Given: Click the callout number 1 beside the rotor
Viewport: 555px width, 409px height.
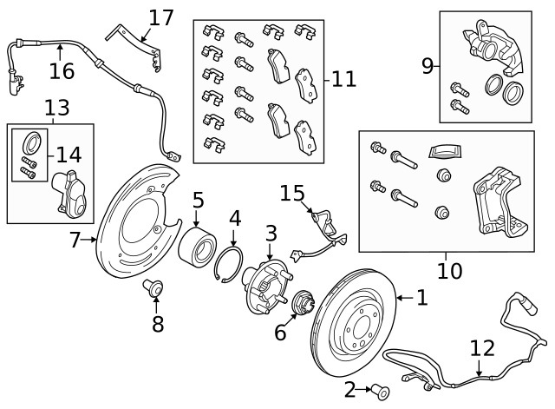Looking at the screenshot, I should tap(421, 299).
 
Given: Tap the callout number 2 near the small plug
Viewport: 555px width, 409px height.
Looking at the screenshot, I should tap(350, 390).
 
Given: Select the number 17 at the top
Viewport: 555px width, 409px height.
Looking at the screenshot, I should tap(161, 17).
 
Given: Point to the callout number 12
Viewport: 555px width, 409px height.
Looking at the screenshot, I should tap(481, 348).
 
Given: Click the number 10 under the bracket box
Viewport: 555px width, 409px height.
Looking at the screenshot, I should tap(449, 271).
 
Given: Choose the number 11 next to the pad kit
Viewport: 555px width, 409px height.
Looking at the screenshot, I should tap(343, 80).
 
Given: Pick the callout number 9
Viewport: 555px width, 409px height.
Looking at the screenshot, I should tap(428, 65).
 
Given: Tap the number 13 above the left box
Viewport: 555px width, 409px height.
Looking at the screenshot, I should tap(57, 108).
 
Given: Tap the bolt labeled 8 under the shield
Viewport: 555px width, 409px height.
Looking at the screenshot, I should tap(155, 286).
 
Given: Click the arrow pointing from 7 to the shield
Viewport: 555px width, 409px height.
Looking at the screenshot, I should tap(90, 239).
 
